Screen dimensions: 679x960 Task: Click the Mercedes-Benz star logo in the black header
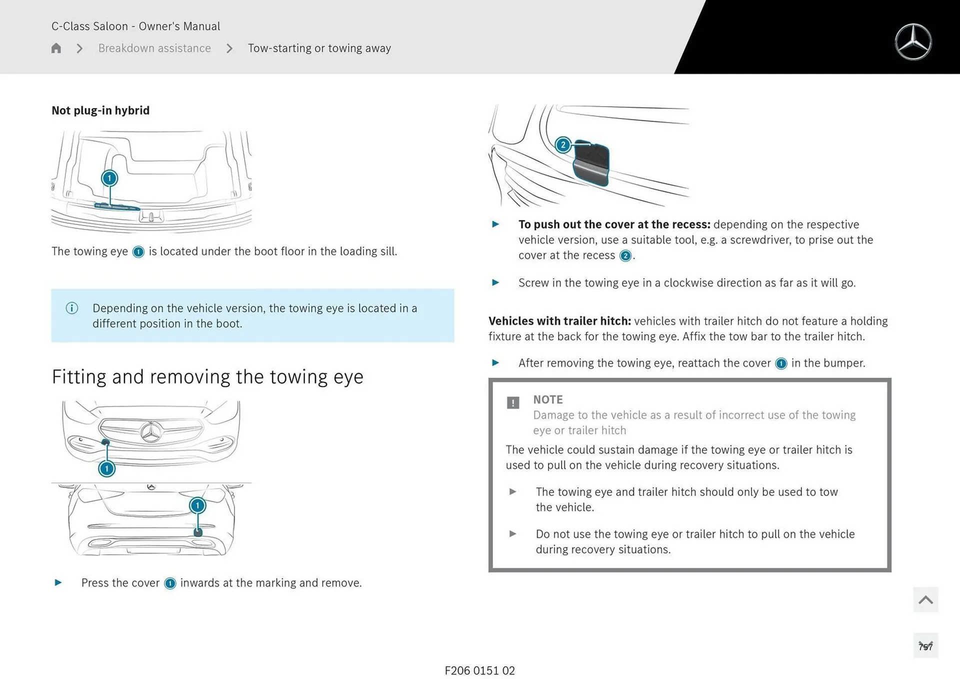tap(913, 42)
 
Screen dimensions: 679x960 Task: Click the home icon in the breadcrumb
tap(56, 48)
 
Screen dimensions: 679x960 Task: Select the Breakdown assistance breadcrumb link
tap(154, 48)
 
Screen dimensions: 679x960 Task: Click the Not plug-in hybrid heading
tap(100, 110)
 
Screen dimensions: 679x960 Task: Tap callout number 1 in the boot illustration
tap(109, 178)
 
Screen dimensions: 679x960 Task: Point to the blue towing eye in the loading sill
tap(116, 206)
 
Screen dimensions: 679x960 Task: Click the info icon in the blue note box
tap(72, 308)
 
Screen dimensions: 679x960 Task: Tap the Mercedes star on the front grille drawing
tap(150, 432)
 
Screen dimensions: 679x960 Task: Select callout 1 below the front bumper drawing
tap(106, 468)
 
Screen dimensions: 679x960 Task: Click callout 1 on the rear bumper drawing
tap(197, 505)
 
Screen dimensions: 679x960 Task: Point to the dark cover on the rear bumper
tap(198, 532)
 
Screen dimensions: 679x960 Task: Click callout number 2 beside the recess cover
tap(563, 145)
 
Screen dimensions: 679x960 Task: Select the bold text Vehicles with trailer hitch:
tap(559, 321)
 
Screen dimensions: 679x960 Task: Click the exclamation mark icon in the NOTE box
tap(513, 402)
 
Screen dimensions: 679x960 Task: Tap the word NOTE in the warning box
tap(547, 399)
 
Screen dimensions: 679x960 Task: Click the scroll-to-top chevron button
tap(925, 599)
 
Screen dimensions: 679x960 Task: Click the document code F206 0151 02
tap(479, 670)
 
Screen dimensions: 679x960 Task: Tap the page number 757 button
tap(925, 646)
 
